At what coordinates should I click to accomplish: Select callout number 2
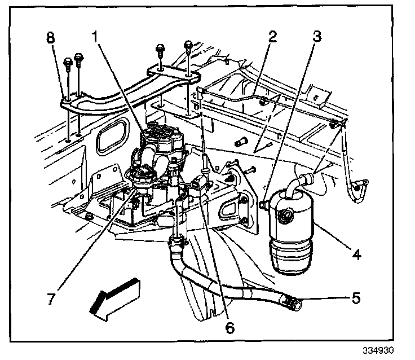tap(273, 38)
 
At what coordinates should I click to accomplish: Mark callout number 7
tap(51, 299)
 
